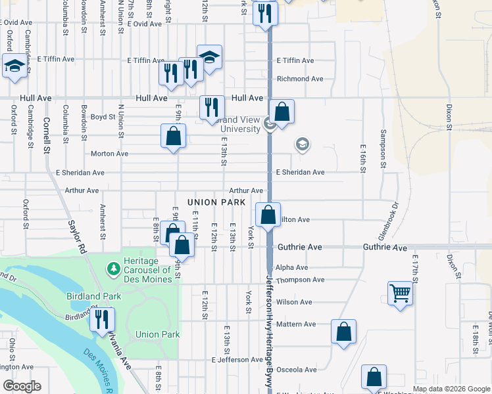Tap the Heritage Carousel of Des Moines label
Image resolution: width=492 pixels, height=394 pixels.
141,269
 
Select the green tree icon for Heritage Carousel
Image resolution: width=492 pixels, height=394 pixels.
114,269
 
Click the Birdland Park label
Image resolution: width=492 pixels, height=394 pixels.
93,296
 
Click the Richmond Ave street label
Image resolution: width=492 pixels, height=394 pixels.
300,79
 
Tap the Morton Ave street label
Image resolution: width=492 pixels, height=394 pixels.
109,154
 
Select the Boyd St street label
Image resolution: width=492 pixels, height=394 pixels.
103,117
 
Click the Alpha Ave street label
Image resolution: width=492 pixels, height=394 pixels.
292,268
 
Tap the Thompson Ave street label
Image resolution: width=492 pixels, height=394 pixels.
300,280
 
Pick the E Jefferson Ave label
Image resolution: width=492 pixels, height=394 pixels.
237,360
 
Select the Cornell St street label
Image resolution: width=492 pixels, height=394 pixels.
47,135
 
